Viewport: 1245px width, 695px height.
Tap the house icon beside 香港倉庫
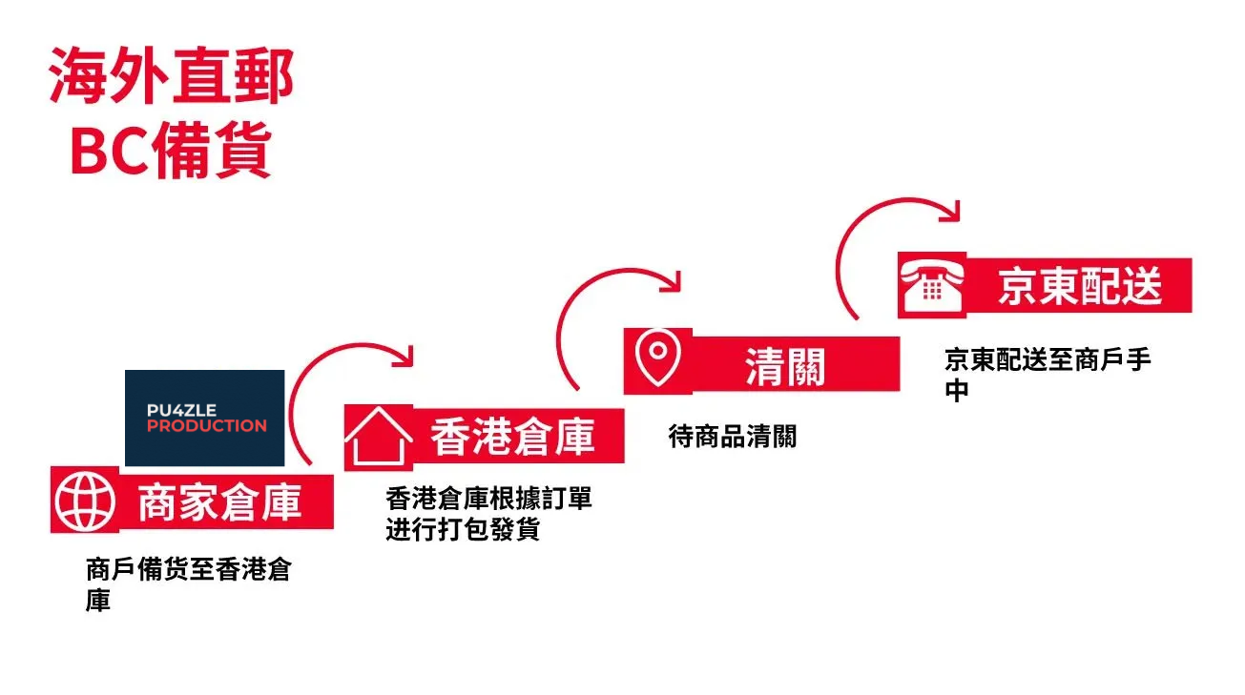click(378, 437)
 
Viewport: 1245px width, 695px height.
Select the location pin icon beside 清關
click(657, 359)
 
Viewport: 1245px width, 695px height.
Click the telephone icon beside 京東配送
click(932, 284)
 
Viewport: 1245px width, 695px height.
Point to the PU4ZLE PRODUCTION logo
click(205, 418)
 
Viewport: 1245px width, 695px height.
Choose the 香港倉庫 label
click(512, 437)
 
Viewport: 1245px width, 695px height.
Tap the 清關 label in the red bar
click(784, 365)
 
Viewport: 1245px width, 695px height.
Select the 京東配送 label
click(1080, 285)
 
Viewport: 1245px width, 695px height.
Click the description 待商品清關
click(732, 437)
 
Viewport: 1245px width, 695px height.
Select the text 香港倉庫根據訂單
click(488, 499)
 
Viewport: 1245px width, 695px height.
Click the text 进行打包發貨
click(463, 529)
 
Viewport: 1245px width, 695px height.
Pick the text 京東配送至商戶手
click(1048, 360)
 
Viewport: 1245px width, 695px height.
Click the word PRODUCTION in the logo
click(206, 426)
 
